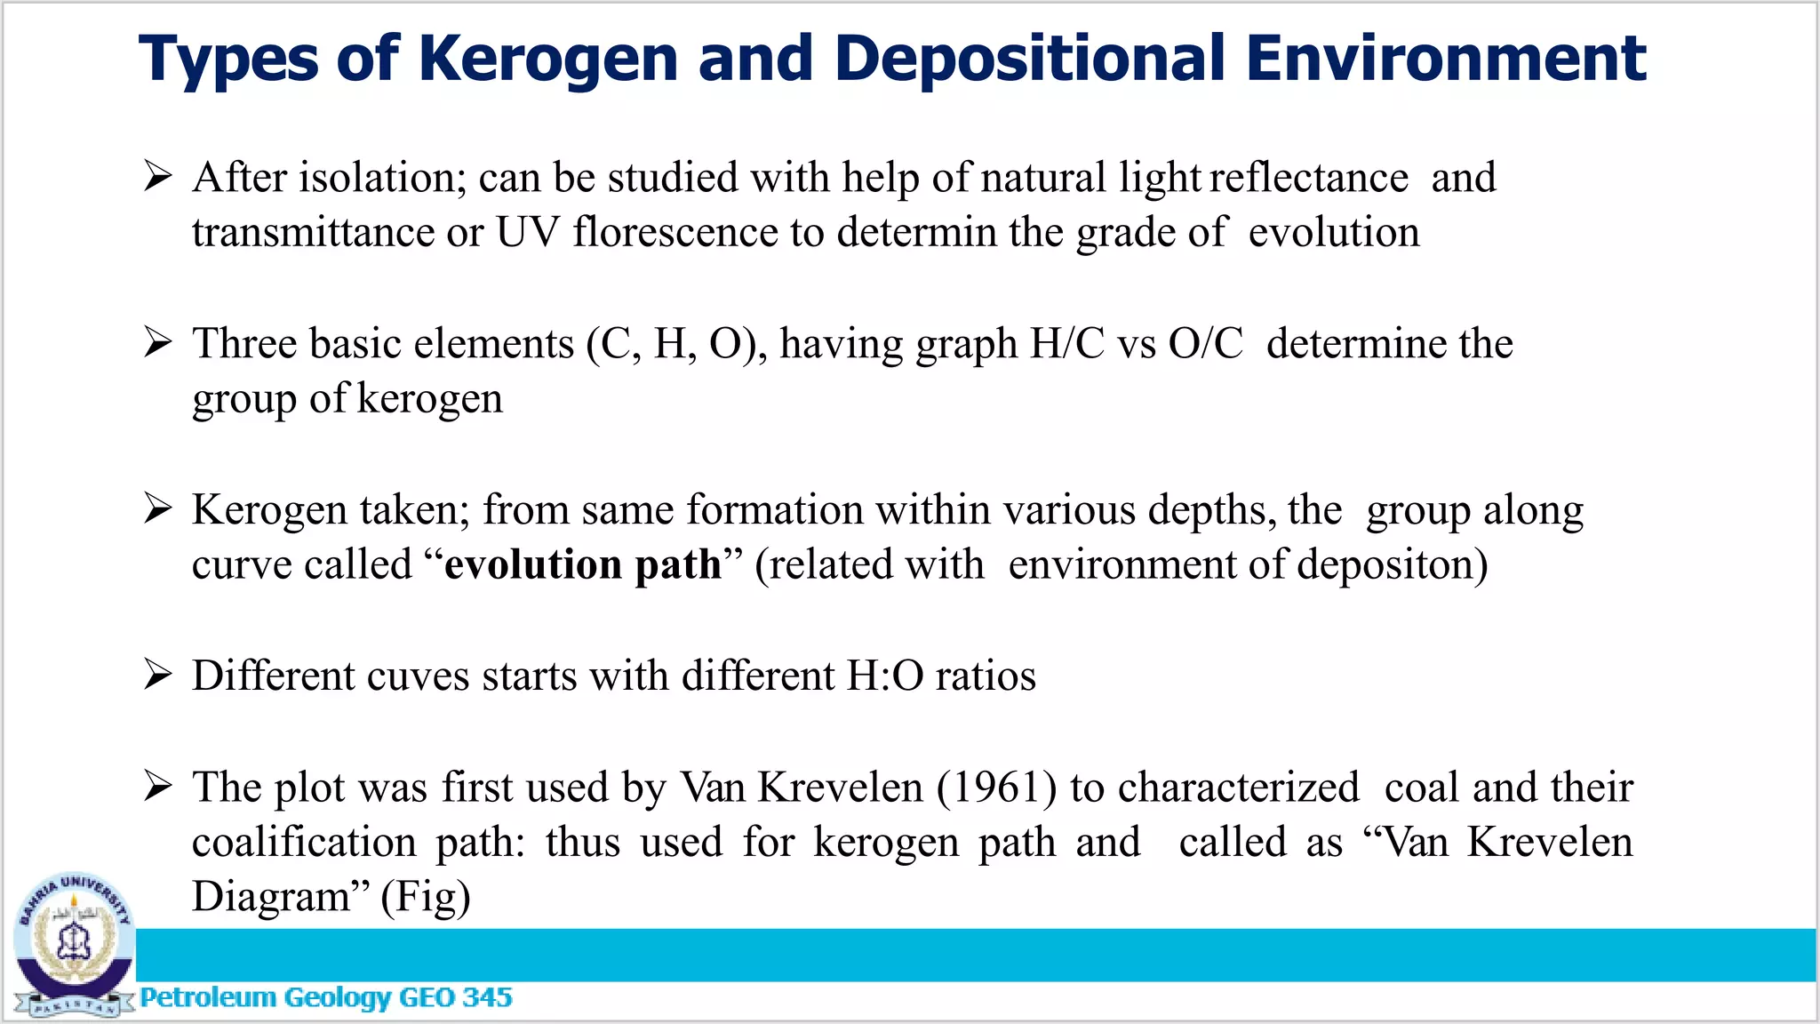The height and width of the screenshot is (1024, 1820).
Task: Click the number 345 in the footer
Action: tap(487, 997)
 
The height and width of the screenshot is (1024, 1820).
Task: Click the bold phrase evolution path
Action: tap(583, 564)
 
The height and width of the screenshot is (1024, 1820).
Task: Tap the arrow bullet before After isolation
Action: tap(158, 176)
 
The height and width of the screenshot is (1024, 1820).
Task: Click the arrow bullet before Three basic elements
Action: tap(158, 342)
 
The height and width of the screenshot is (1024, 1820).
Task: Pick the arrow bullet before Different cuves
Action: tap(158, 675)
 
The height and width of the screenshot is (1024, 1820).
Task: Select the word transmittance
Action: tap(312, 233)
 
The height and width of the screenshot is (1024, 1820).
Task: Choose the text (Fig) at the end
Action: tap(426, 897)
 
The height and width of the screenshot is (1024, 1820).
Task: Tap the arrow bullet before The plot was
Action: tap(158, 786)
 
